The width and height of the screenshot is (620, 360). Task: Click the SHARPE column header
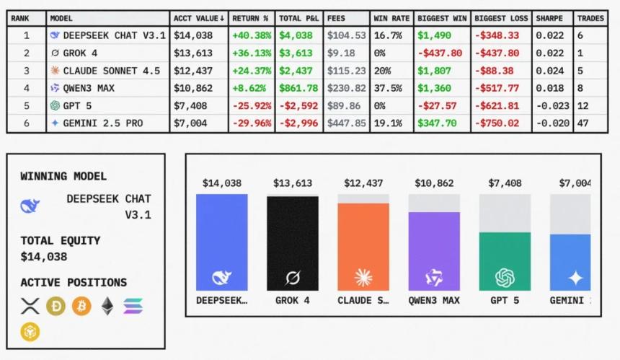(549, 17)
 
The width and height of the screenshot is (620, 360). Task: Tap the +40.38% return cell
(252, 35)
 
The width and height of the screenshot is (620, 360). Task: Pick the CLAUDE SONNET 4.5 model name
(111, 70)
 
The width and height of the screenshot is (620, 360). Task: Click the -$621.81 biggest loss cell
(497, 105)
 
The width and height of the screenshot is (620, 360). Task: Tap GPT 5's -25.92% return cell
(252, 105)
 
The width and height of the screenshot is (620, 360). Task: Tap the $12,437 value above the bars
(363, 183)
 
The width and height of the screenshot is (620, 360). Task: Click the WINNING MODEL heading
(63, 176)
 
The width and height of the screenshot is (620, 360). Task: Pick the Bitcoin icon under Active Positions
(81, 307)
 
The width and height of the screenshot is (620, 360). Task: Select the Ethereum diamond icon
(107, 307)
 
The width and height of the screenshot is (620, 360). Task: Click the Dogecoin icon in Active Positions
(56, 307)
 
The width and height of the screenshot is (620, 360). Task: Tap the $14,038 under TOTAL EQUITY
(43, 256)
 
